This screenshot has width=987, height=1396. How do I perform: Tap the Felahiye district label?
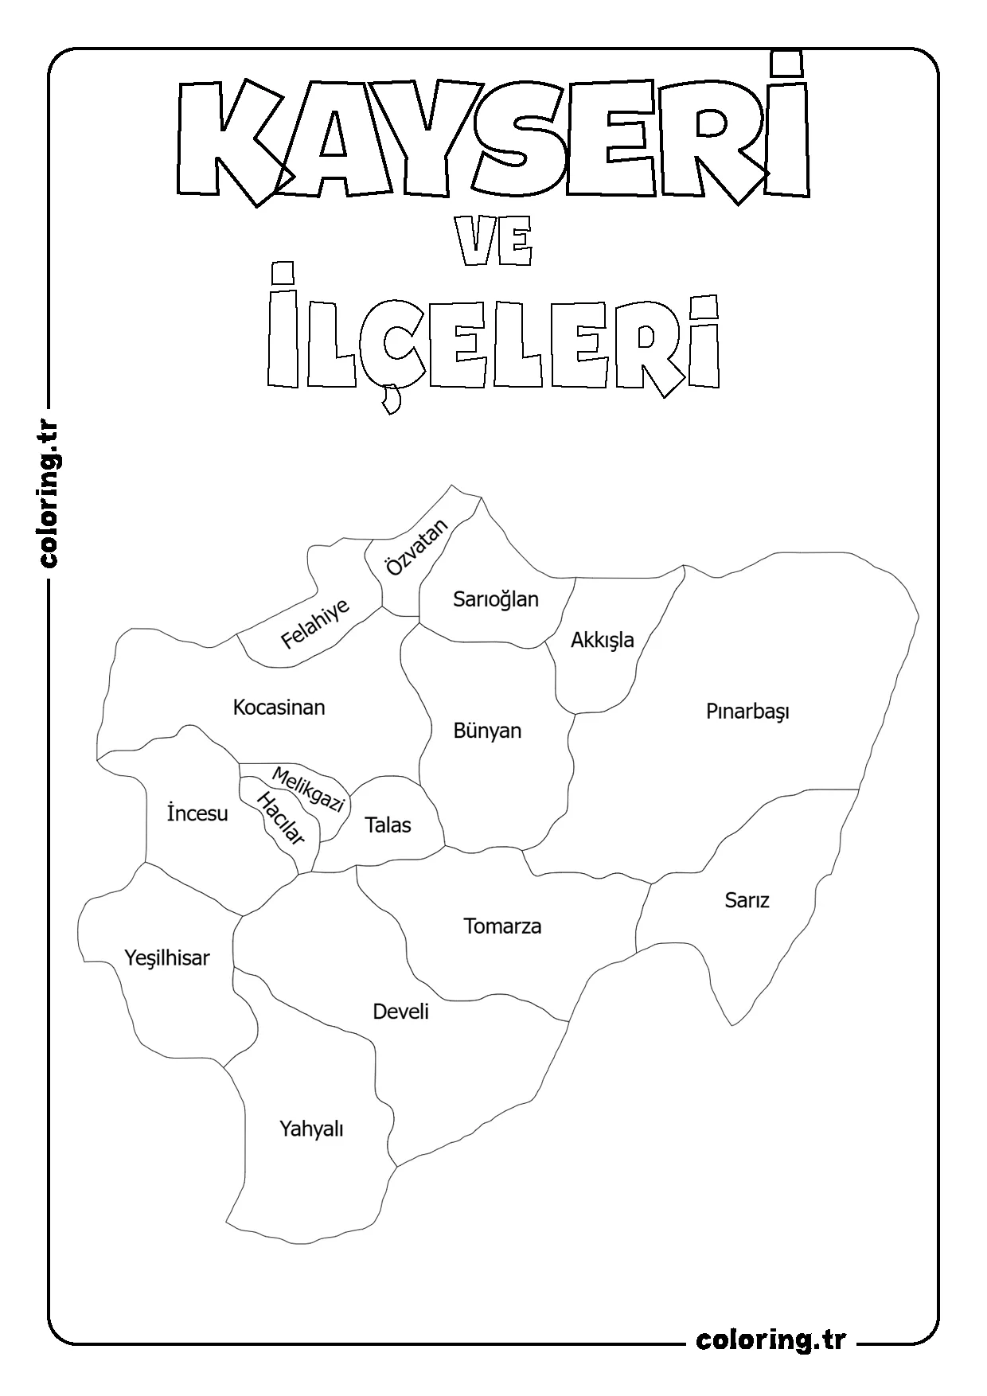[x=315, y=624]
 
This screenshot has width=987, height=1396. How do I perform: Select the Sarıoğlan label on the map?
[x=496, y=599]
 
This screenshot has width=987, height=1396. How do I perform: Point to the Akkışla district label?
[x=603, y=640]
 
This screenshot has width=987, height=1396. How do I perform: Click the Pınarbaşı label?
[x=747, y=712]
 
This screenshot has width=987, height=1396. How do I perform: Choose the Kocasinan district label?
[x=279, y=707]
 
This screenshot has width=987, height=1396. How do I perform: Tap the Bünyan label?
[x=487, y=731]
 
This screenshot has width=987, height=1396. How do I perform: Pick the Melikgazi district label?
[x=308, y=789]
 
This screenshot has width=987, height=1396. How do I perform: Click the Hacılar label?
[x=279, y=820]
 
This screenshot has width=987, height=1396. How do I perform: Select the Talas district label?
[x=388, y=825]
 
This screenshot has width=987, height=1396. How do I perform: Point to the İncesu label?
[x=197, y=813]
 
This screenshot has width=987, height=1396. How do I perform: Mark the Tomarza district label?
[x=502, y=926]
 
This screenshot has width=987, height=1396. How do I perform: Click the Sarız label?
[x=747, y=900]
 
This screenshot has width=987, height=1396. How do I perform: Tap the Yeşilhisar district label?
[x=167, y=958]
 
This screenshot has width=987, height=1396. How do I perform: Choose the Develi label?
[x=400, y=1012]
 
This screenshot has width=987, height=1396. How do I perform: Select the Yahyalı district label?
[x=311, y=1129]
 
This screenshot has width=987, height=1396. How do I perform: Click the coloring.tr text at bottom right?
[x=770, y=1339]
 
